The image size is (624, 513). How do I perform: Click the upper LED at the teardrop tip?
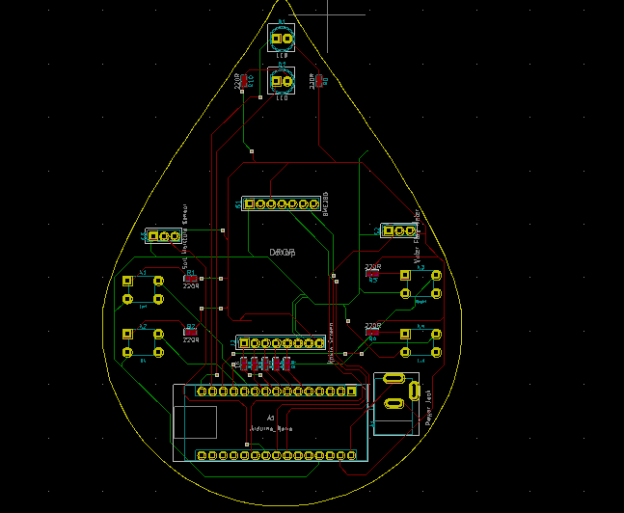pos(282,40)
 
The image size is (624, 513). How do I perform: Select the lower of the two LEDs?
pos(282,82)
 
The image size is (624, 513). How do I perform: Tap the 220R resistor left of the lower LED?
pos(244,82)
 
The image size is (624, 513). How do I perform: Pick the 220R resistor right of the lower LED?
pos(318,82)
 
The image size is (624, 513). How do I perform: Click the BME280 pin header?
pos(281,204)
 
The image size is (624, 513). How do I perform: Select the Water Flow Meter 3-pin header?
pos(397,230)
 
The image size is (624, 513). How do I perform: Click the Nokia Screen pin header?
pos(281,342)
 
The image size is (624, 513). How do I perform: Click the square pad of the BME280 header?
pos(249,204)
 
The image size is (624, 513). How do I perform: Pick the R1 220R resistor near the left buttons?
pos(191,279)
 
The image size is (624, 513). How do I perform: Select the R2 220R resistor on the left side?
pos(191,333)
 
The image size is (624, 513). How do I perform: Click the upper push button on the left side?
pos(143,290)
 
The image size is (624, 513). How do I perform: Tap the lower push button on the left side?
pos(143,343)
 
